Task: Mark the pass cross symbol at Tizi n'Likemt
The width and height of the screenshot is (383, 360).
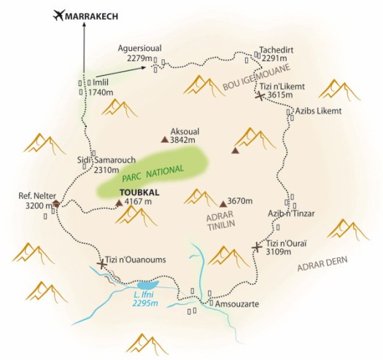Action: [260, 98]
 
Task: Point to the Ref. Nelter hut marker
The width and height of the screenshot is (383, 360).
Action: [55, 204]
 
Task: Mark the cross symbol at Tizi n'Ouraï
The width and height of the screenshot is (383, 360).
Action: [257, 247]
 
